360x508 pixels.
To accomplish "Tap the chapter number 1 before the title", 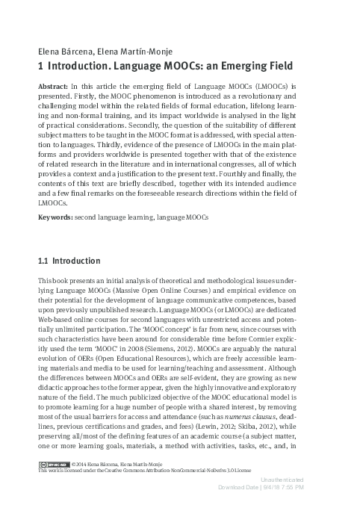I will tap(40, 66).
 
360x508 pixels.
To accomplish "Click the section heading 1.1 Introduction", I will tap(69, 261).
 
